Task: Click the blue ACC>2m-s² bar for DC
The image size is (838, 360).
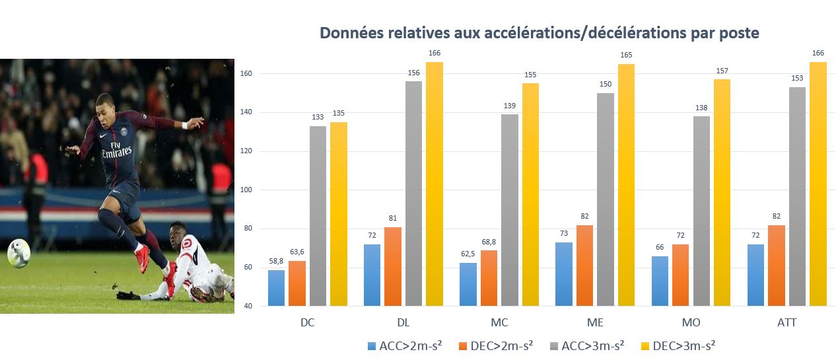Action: [x=277, y=288]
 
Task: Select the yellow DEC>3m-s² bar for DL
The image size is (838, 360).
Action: [x=435, y=184]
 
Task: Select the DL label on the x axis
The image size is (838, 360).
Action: [x=403, y=323]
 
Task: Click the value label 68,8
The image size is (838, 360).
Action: [x=490, y=244]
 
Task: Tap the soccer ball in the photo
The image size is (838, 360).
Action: [x=18, y=253]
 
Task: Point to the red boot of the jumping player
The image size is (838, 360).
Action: [x=142, y=258]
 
